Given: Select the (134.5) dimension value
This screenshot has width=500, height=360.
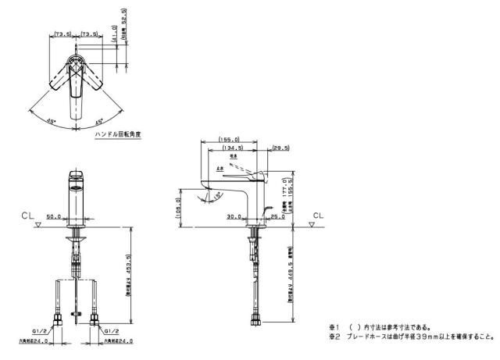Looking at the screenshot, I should click(232, 147).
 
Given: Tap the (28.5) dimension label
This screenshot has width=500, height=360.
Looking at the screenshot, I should click(281, 147).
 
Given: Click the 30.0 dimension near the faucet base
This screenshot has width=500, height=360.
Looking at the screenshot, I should click(234, 216).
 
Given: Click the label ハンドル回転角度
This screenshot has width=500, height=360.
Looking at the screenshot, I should click(117, 134).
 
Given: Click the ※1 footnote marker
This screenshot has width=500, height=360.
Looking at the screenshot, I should click(333, 327).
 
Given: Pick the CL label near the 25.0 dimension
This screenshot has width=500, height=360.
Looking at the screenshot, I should click(317, 213).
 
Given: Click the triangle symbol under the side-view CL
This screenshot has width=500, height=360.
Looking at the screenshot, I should click(313, 224).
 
